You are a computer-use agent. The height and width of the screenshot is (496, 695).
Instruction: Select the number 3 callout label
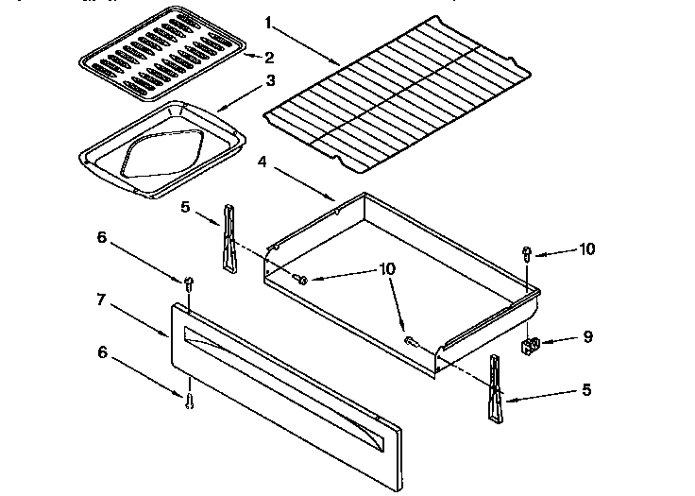[x=271, y=81]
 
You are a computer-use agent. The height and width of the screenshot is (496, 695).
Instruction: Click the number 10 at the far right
[x=587, y=249]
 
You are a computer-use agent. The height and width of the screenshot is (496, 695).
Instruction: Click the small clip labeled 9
[x=531, y=345]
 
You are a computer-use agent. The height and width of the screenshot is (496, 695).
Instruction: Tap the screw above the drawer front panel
[x=188, y=282]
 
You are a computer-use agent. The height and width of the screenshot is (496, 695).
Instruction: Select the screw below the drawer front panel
[x=189, y=401]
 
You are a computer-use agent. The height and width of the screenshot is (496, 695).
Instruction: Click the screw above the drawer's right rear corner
[x=527, y=252]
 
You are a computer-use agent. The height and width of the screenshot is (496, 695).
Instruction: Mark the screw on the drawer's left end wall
[x=301, y=279]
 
